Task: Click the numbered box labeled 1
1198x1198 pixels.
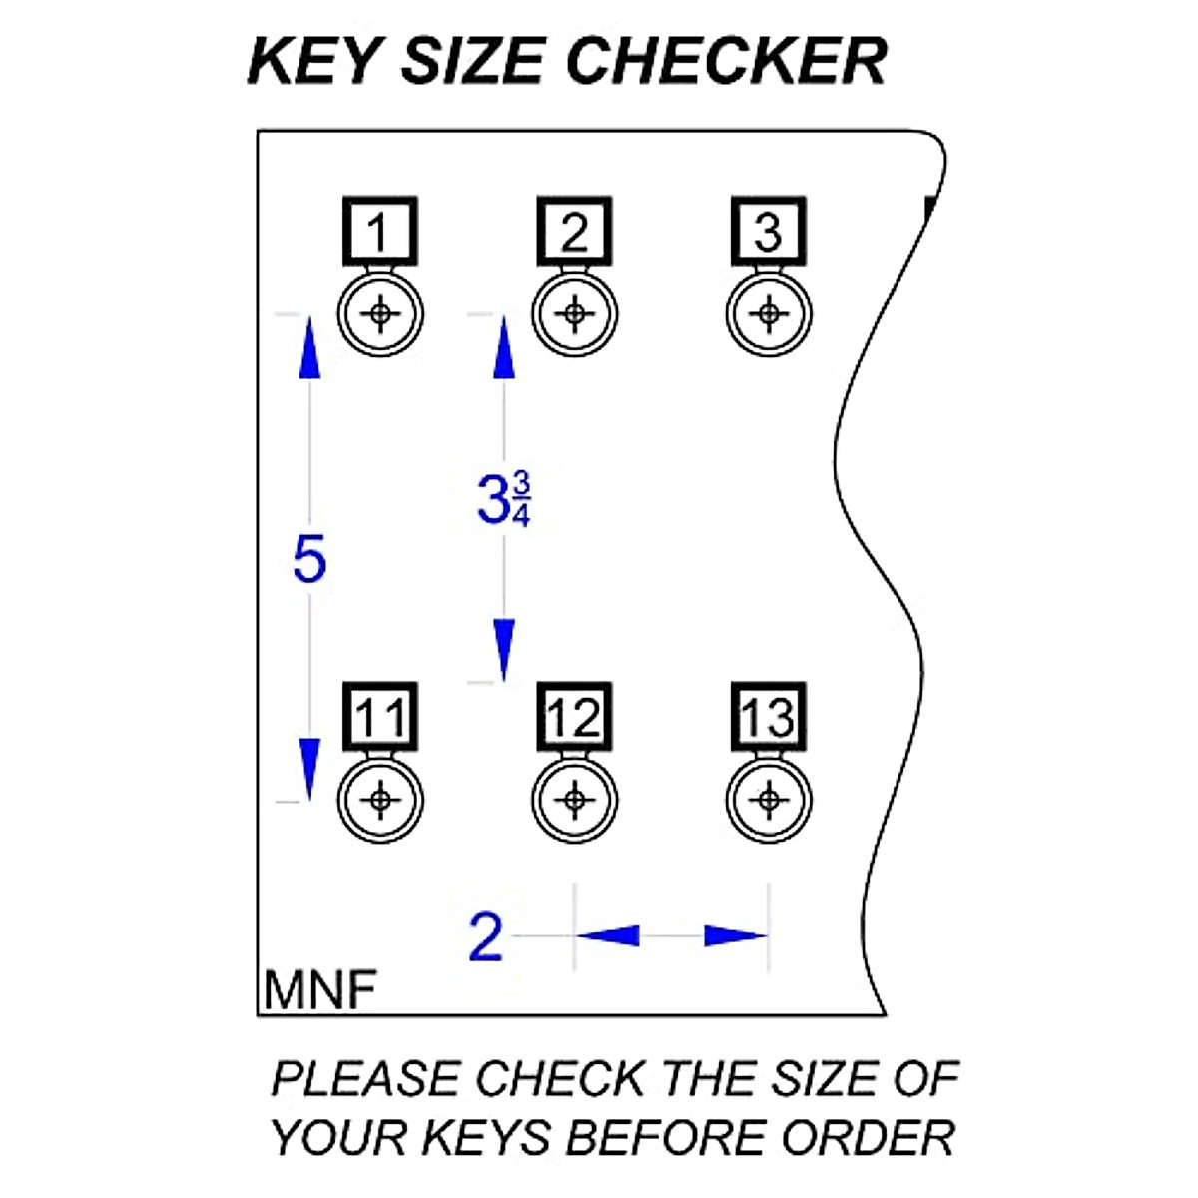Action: pyautogui.click(x=379, y=232)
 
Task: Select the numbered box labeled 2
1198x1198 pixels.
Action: pyautogui.click(x=574, y=232)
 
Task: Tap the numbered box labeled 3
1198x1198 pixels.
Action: pyautogui.click(x=768, y=232)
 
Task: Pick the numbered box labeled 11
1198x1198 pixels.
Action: pyautogui.click(x=379, y=717)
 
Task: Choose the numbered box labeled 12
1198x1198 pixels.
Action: pyautogui.click(x=574, y=717)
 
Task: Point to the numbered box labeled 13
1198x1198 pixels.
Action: pyautogui.click(x=768, y=717)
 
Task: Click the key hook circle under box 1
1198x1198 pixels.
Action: pyautogui.click(x=380, y=314)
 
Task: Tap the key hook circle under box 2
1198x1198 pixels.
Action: pyautogui.click(x=574, y=314)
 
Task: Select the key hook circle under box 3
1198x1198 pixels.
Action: pyautogui.click(x=768, y=314)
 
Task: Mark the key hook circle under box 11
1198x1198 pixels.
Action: pyautogui.click(x=380, y=800)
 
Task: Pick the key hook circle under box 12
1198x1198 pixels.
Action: pyautogui.click(x=574, y=800)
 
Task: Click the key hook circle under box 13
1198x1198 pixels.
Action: pyautogui.click(x=768, y=800)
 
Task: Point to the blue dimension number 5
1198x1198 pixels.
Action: pyautogui.click(x=309, y=559)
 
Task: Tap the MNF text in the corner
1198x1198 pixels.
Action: pyautogui.click(x=320, y=991)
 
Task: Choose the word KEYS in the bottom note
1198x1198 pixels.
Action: pyautogui.click(x=488, y=1138)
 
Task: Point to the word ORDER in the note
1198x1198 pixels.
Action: pyautogui.click(x=868, y=1138)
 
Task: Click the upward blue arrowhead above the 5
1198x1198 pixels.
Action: pyautogui.click(x=309, y=349)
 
